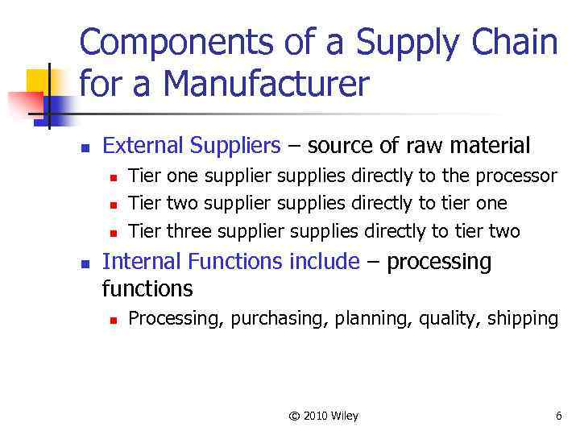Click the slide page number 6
(558, 416)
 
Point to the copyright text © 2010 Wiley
(323, 416)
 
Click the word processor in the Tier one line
(516, 176)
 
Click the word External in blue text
(144, 146)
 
